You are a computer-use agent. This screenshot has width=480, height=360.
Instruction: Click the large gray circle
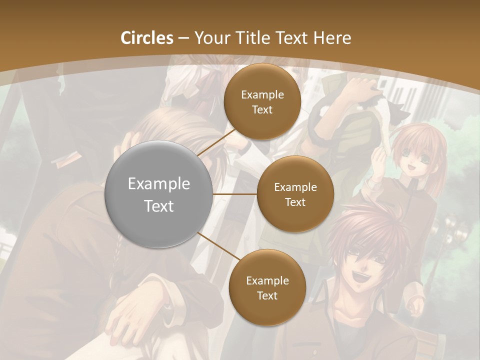(159, 194)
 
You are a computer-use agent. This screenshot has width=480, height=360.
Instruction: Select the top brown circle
(262, 101)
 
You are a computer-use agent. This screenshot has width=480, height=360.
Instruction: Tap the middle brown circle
(295, 194)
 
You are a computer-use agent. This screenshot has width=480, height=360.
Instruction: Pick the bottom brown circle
(267, 287)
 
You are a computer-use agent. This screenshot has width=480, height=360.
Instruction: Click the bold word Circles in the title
(147, 38)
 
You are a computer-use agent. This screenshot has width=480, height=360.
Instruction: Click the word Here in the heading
(332, 38)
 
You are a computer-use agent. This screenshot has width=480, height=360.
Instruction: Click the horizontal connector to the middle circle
(234, 194)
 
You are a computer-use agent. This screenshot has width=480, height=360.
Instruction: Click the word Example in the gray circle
(159, 184)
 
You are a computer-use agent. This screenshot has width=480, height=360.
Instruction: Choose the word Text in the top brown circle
(262, 109)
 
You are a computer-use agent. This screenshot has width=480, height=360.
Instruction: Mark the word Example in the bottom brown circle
(267, 280)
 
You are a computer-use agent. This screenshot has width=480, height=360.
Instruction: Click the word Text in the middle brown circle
(295, 202)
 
